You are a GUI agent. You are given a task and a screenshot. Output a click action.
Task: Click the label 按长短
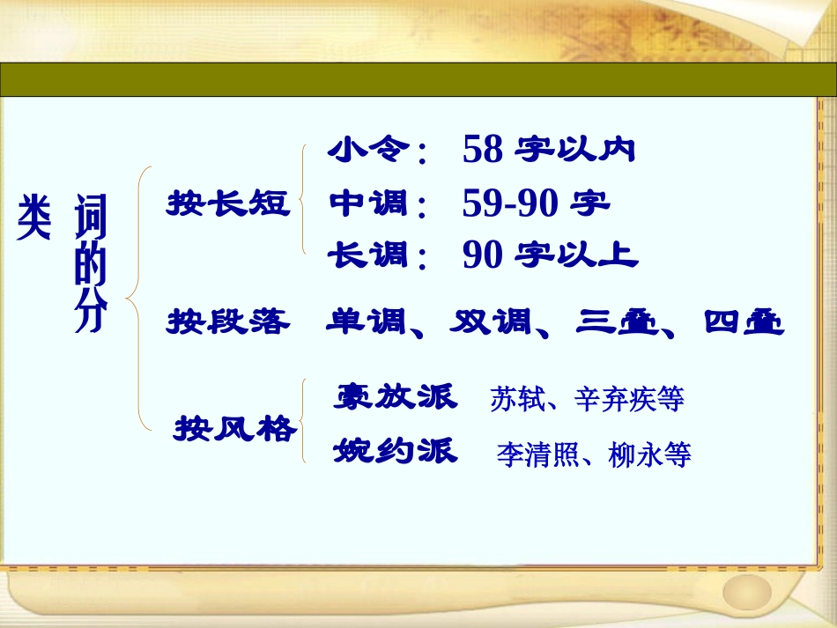pos(228,204)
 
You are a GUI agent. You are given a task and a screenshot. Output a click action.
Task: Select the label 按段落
pos(228,322)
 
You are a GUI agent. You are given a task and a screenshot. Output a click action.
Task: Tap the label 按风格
pos(235,431)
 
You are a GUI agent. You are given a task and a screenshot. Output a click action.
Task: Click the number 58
pos(482,151)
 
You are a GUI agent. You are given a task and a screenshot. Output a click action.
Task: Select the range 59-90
pos(509,204)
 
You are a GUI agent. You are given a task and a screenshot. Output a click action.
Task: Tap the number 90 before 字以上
pos(482,256)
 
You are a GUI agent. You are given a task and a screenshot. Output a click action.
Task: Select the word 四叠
pos(744,322)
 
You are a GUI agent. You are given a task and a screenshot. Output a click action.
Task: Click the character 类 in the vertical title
pos(33,218)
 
